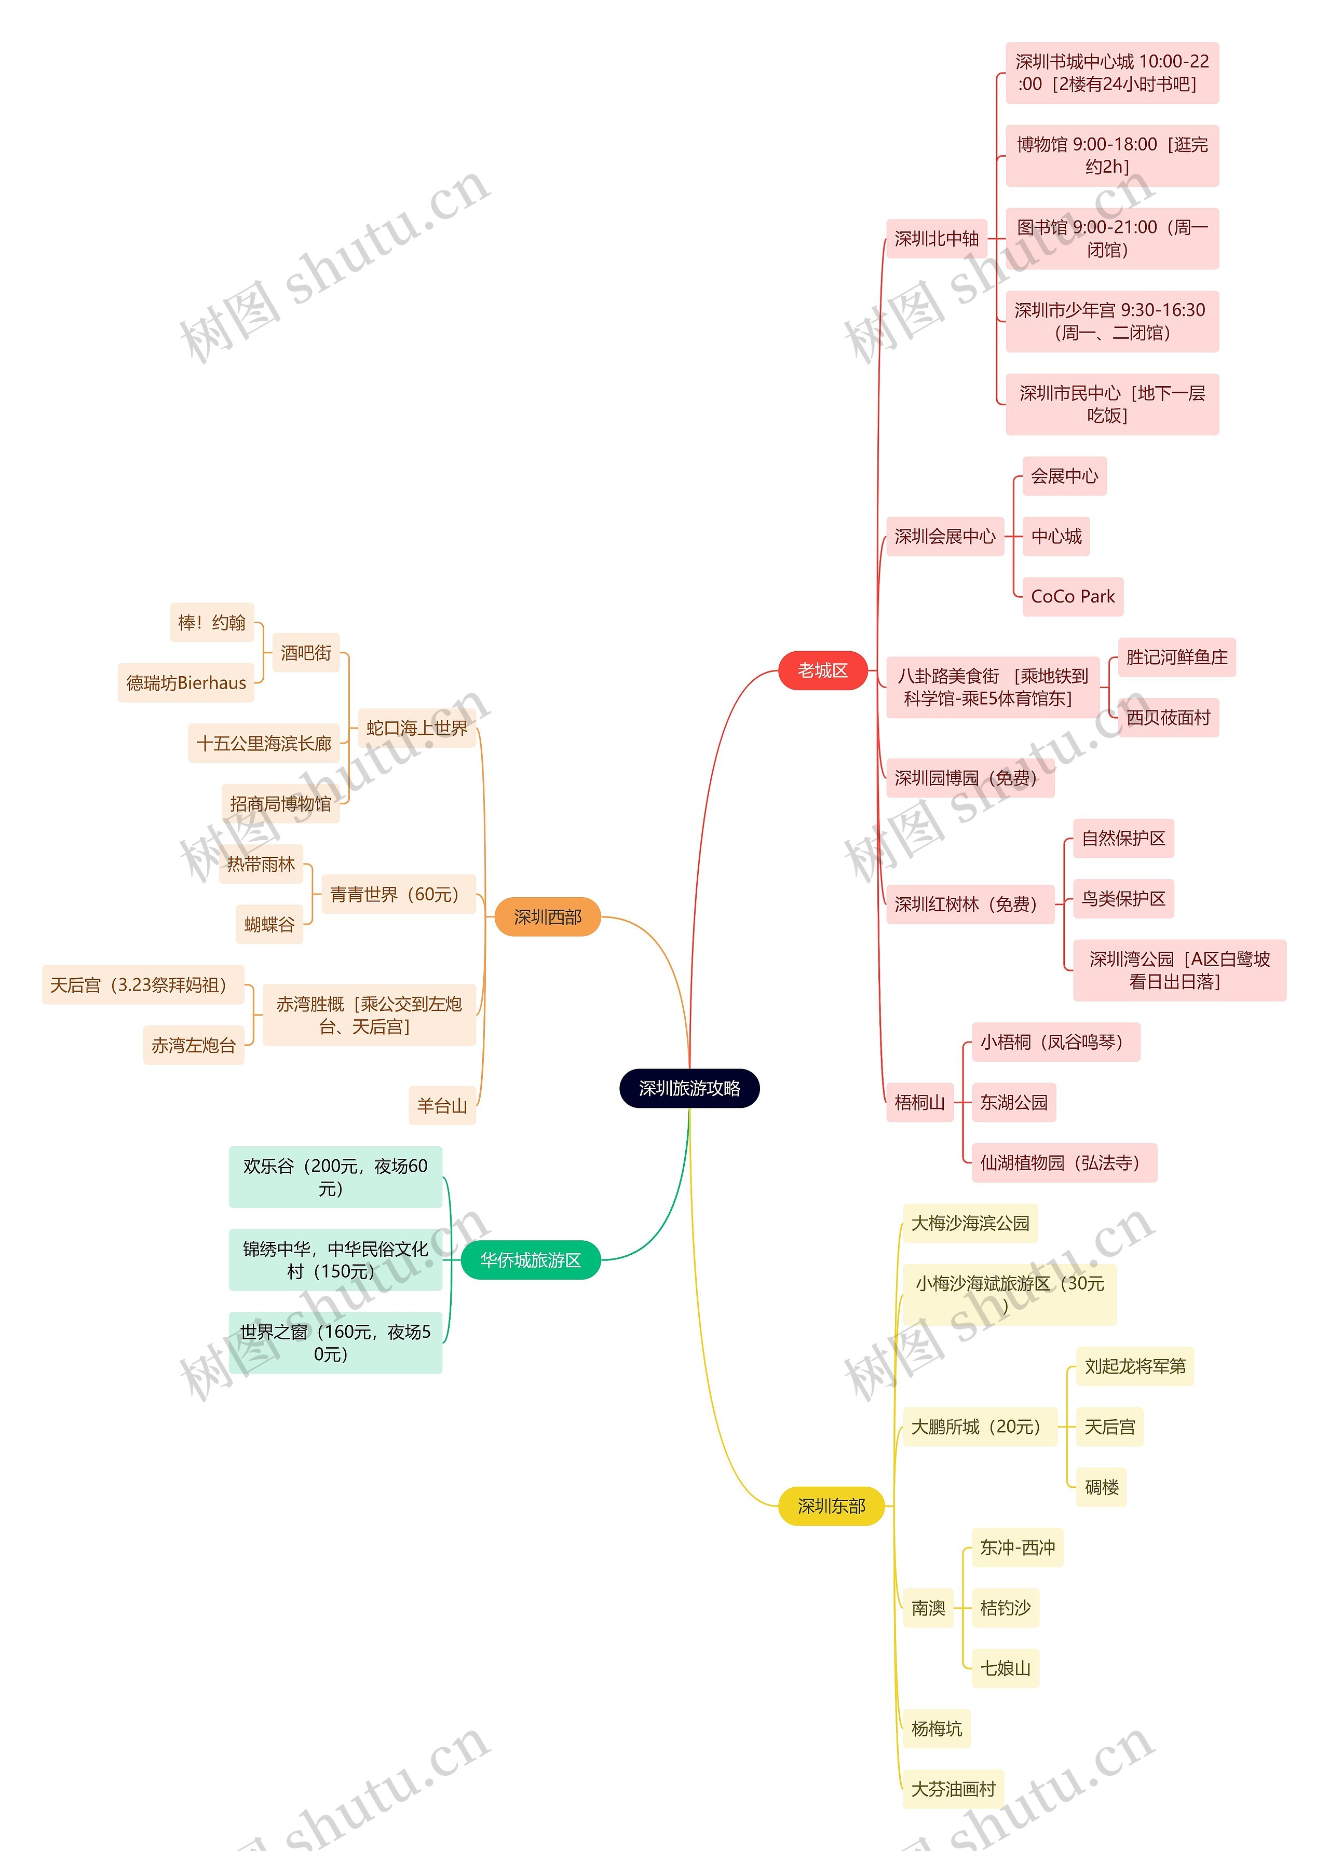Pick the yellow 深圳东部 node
point(831,1506)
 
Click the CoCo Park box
point(1072,597)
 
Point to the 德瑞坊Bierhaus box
point(186,682)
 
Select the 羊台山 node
point(442,1106)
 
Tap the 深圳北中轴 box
point(937,238)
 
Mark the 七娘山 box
point(1005,1668)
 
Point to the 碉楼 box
point(1101,1487)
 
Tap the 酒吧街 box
point(306,653)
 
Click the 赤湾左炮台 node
point(194,1046)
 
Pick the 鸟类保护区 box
point(1123,899)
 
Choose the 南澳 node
point(928,1608)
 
